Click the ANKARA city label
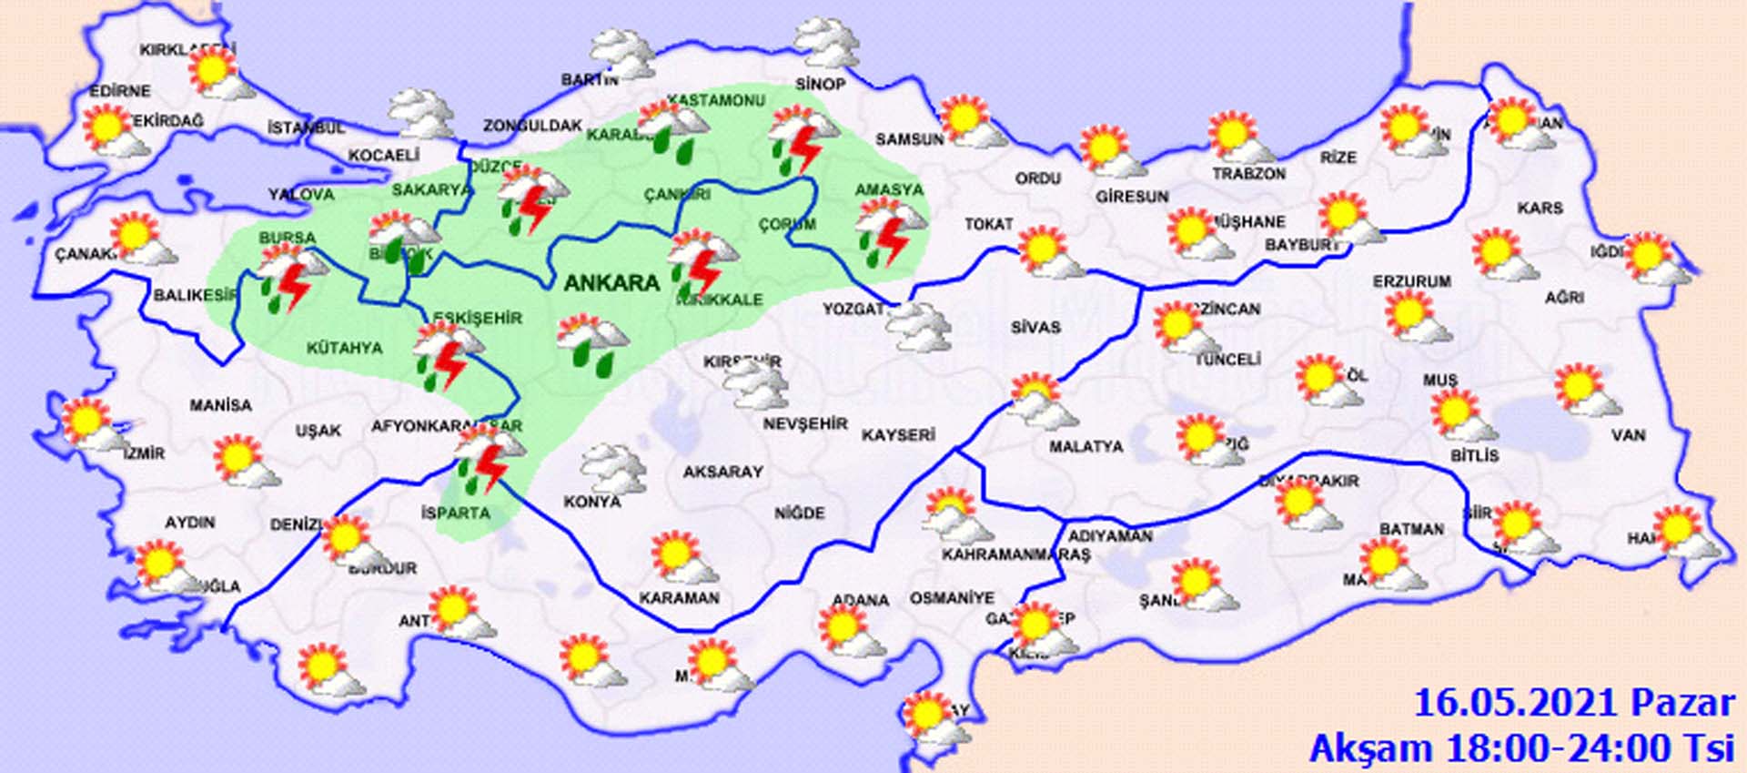(611, 283)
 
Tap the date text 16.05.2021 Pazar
(1574, 703)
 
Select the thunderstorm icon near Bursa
(291, 278)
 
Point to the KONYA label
(592, 502)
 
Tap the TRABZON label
(1249, 173)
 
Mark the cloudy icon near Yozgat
(919, 328)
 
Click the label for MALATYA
(1086, 447)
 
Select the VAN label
(1628, 435)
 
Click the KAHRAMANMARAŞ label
(1015, 554)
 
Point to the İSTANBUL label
(306, 128)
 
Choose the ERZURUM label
(1411, 282)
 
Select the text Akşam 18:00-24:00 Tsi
(1522, 748)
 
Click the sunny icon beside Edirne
(114, 130)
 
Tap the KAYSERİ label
(898, 435)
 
